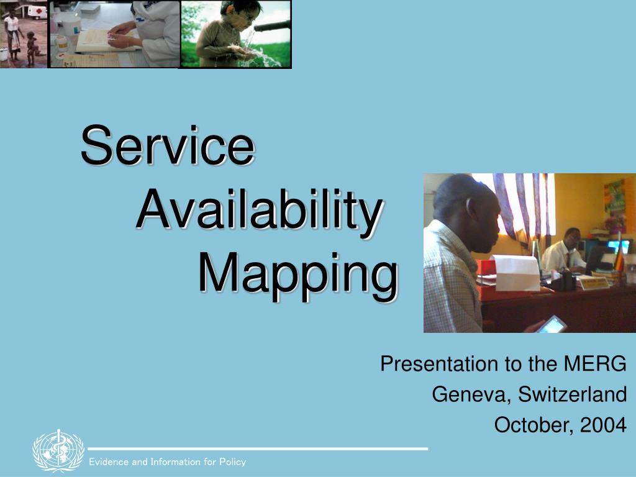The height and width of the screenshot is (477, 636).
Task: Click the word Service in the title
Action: pyautogui.click(x=168, y=145)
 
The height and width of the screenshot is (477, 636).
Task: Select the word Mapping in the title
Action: pyautogui.click(x=299, y=276)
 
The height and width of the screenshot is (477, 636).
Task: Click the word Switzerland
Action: pyautogui.click(x=572, y=394)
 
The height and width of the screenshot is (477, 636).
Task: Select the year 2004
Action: pyautogui.click(x=604, y=425)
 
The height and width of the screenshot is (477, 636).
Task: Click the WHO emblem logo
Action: pyautogui.click(x=58, y=451)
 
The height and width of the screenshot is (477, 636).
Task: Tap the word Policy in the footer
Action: pyautogui.click(x=233, y=462)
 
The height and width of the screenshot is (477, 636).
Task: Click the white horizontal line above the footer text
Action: pyautogui.click(x=258, y=448)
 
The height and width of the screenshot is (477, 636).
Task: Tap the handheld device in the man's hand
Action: pyautogui.click(x=552, y=325)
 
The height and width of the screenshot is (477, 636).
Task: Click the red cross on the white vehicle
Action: pyautogui.click(x=39, y=12)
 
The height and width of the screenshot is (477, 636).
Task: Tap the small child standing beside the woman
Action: pyautogui.click(x=32, y=48)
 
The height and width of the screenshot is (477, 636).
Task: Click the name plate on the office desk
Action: pyautogui.click(x=594, y=283)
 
